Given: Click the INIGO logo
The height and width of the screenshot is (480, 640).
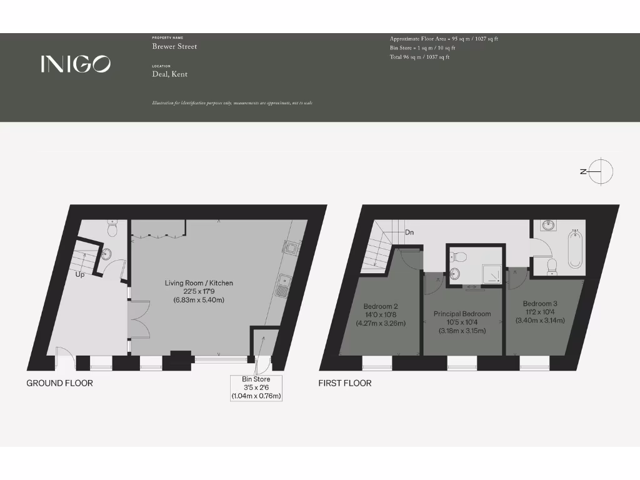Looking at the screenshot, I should [x=76, y=64].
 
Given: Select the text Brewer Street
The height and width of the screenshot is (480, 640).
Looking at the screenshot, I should [x=174, y=46].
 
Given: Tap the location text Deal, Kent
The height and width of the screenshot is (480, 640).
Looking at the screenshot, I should [x=169, y=74].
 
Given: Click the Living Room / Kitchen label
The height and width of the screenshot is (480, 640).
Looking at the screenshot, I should [x=199, y=283].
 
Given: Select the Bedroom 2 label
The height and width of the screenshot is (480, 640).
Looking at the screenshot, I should [x=381, y=306].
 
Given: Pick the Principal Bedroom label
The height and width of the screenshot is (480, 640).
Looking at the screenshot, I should [x=462, y=314].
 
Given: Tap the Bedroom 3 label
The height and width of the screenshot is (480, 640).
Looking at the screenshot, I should [x=540, y=303].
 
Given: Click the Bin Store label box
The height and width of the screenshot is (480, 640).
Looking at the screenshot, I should [x=256, y=387].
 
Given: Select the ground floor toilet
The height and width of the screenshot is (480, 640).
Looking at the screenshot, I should [x=112, y=229].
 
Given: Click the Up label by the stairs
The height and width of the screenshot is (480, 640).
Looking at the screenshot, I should [x=80, y=274].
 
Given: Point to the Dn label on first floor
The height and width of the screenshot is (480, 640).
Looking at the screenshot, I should [x=410, y=233].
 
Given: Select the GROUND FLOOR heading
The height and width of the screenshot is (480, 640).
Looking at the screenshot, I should [x=59, y=383].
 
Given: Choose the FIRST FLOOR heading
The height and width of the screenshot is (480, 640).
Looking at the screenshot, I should [x=345, y=383].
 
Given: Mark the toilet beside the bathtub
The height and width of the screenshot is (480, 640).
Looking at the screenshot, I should [x=552, y=266].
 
